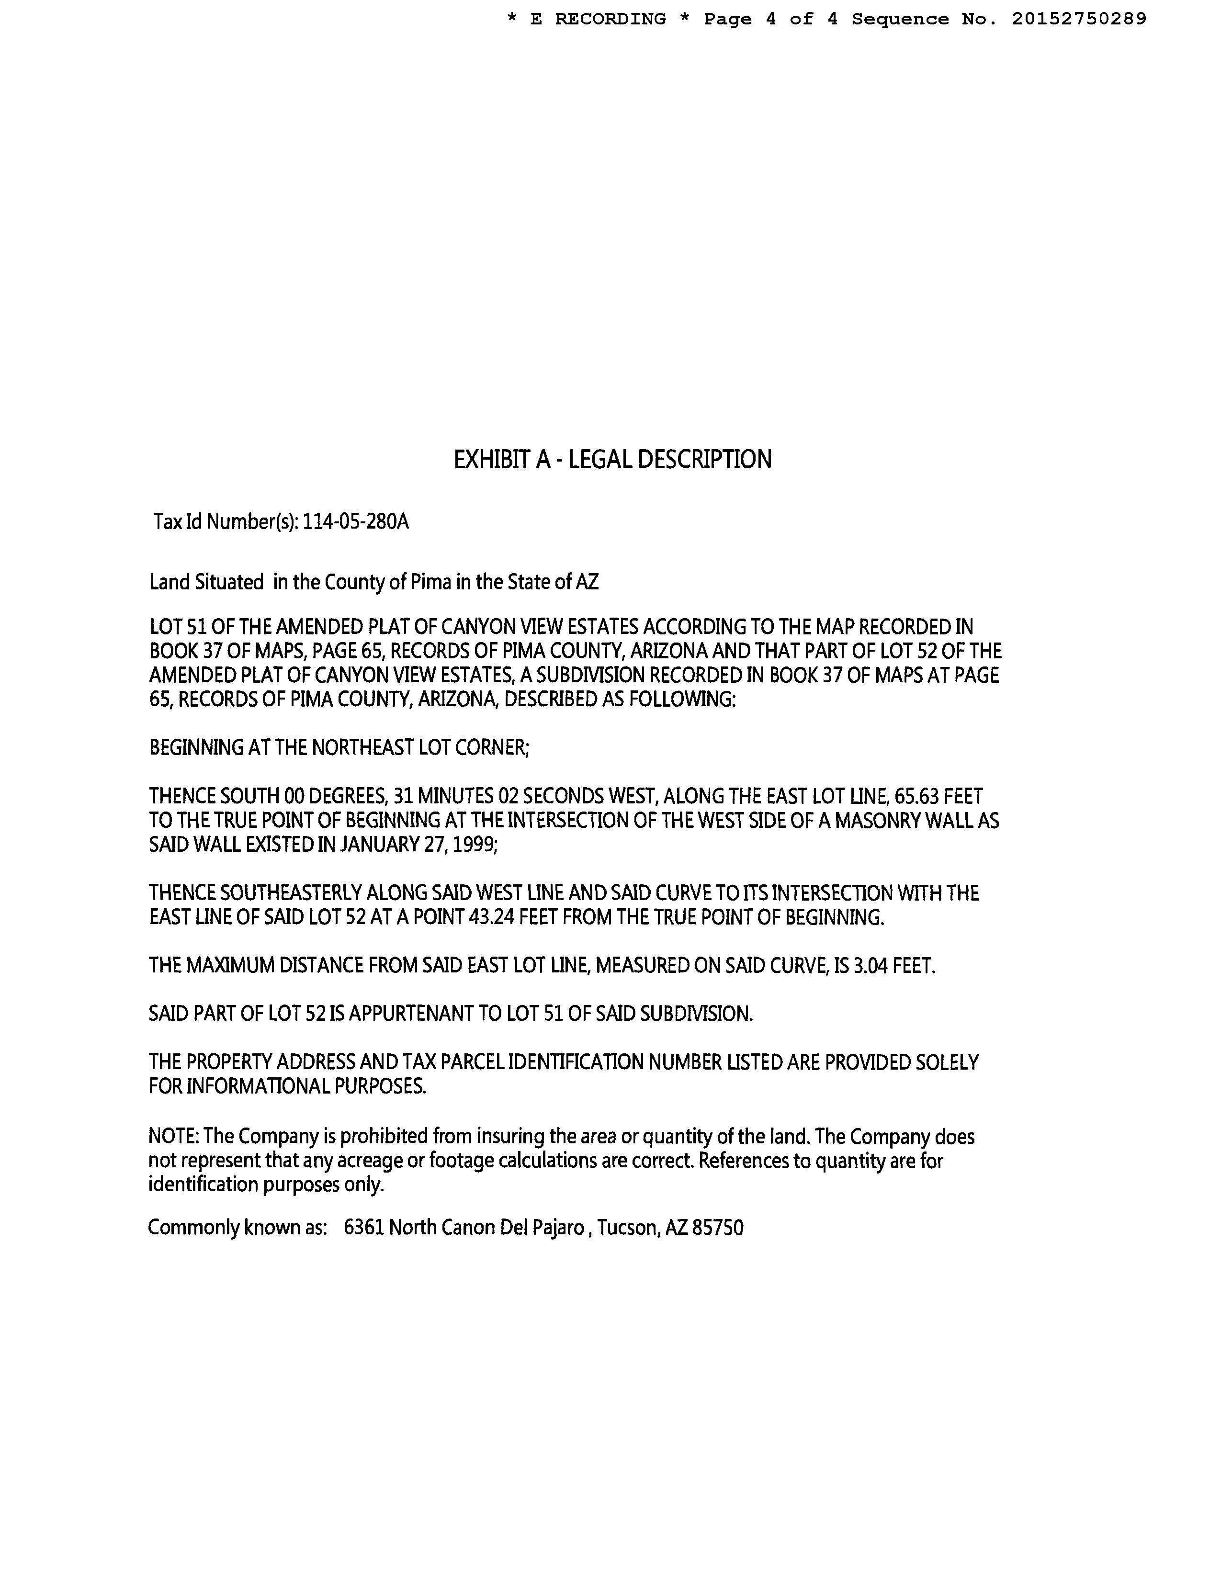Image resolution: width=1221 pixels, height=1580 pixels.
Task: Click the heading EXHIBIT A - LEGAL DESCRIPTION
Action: tap(612, 459)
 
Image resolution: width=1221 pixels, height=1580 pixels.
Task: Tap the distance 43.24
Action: tap(492, 917)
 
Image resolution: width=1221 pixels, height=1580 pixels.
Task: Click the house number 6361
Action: tap(364, 1228)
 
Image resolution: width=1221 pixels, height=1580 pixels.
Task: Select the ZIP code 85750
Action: tap(718, 1228)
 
